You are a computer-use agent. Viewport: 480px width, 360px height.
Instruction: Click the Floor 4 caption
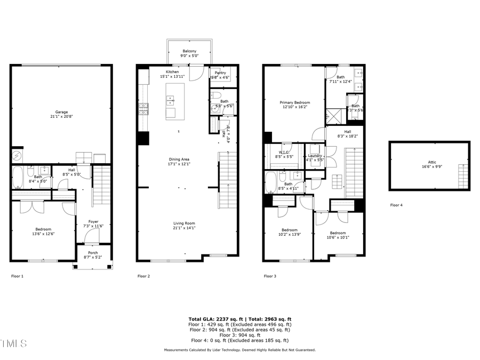[396, 205]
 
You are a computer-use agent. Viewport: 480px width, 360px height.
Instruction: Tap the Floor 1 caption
[17, 276]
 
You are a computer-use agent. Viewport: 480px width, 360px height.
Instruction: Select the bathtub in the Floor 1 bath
[18, 177]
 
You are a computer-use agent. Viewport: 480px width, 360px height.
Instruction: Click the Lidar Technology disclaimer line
[239, 350]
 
